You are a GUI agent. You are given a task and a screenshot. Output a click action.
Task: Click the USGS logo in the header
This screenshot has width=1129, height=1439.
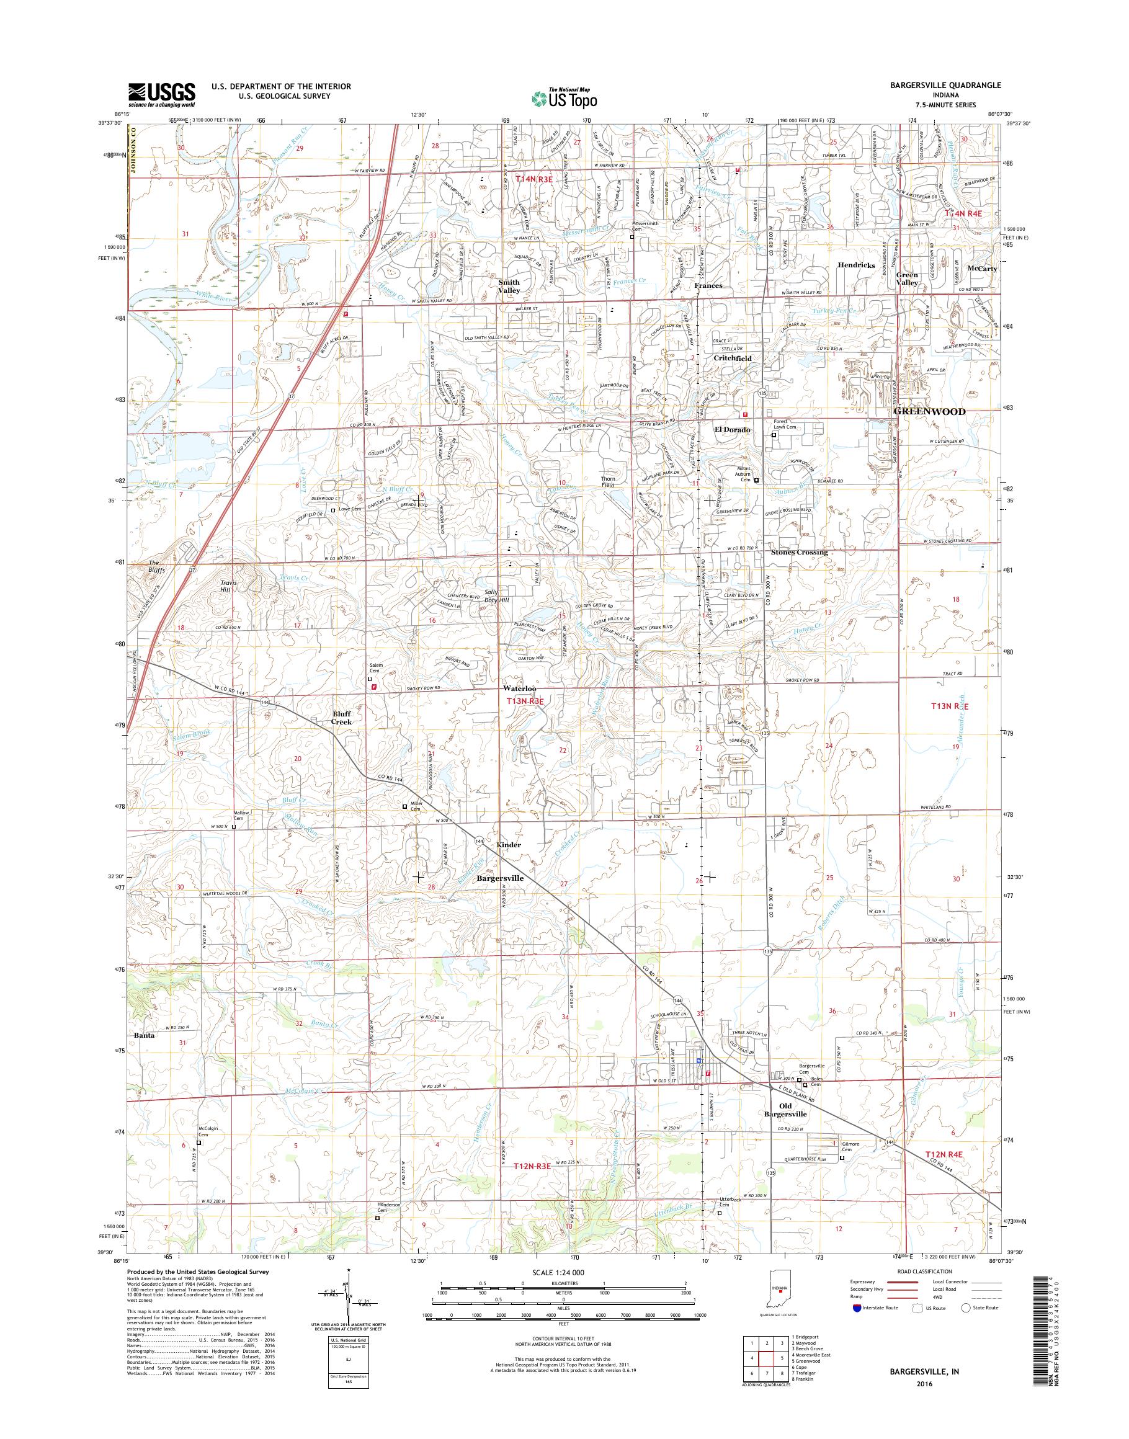point(162,94)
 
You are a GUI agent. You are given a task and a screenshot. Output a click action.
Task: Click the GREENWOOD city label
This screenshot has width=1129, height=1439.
point(929,411)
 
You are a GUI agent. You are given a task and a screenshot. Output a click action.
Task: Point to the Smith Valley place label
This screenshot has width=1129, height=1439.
point(509,286)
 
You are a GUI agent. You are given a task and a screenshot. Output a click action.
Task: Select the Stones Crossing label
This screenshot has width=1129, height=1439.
point(799,552)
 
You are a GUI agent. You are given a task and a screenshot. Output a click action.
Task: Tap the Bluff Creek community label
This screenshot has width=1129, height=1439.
point(342,718)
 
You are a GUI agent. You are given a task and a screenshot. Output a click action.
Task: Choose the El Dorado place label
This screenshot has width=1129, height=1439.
point(733,430)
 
